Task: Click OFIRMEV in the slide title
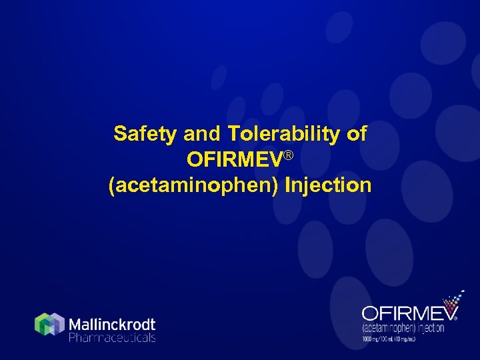234,160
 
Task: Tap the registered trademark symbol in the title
289,155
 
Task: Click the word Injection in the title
328,185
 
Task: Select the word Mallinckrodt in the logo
112,325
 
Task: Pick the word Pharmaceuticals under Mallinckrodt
112,338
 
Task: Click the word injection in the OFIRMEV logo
437,328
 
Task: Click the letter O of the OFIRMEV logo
370,313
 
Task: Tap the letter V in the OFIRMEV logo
448,313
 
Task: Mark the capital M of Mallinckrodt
76,325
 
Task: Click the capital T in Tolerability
233,134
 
